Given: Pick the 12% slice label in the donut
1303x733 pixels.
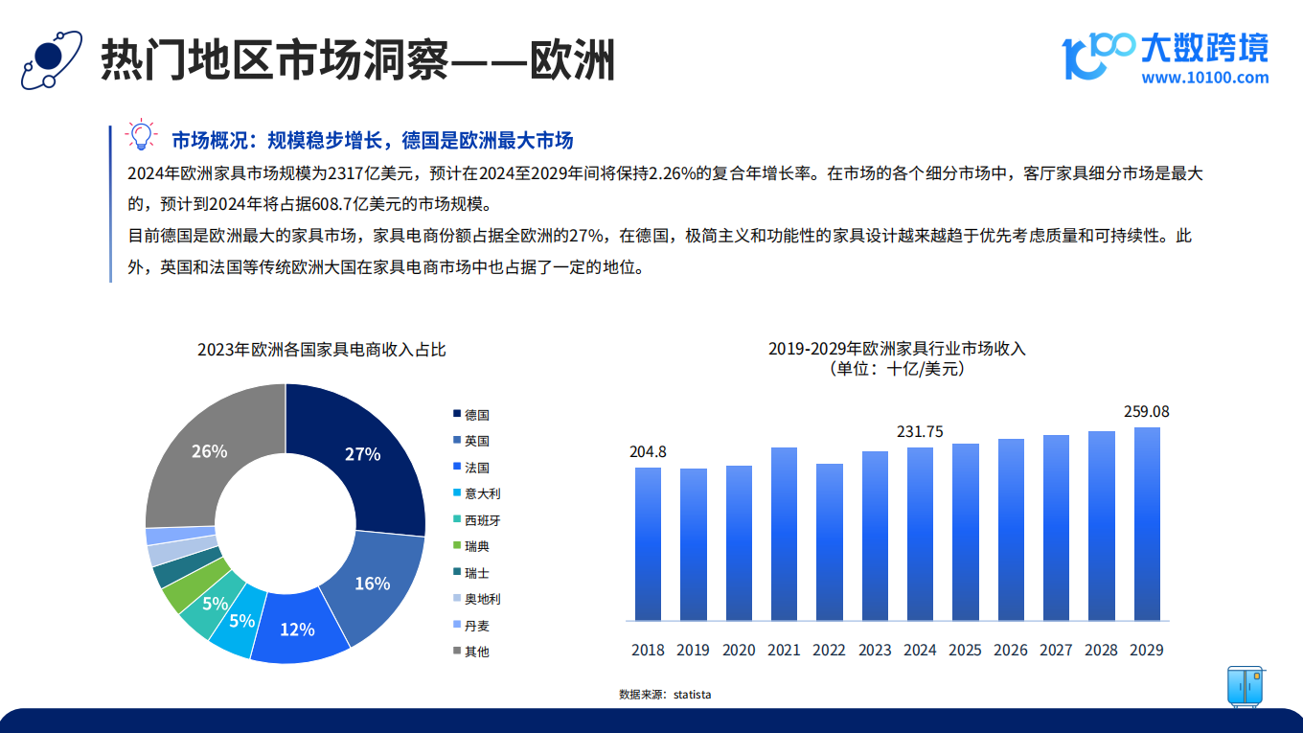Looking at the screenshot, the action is coord(297,630).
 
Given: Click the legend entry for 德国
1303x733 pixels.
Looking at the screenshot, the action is coord(471,415).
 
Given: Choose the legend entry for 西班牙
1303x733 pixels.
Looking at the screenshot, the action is coord(476,520).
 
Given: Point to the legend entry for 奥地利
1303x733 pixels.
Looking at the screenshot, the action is coord(476,599).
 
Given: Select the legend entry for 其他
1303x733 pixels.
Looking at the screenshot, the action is coord(471,652).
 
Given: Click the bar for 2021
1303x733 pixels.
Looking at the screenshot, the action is coord(784,534).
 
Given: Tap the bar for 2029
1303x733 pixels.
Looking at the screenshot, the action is coord(1147,524).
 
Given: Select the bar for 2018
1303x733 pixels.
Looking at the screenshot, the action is coord(648,544).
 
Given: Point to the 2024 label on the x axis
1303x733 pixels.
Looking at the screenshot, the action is coord(920,650).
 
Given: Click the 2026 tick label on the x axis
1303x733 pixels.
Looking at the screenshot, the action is coord(1011,650).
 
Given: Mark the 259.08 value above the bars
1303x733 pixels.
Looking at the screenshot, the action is coord(1146,411).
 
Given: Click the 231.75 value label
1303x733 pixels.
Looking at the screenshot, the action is coord(920,431).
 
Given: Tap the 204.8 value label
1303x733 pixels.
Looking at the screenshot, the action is coord(648,451).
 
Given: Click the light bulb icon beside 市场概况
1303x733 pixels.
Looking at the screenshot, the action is coord(141,135).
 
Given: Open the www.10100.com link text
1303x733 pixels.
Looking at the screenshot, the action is coord(1204,78).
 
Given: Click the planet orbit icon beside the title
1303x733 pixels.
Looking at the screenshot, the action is coord(51,60).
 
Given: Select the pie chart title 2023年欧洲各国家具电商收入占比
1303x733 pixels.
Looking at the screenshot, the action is coord(321,350).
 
